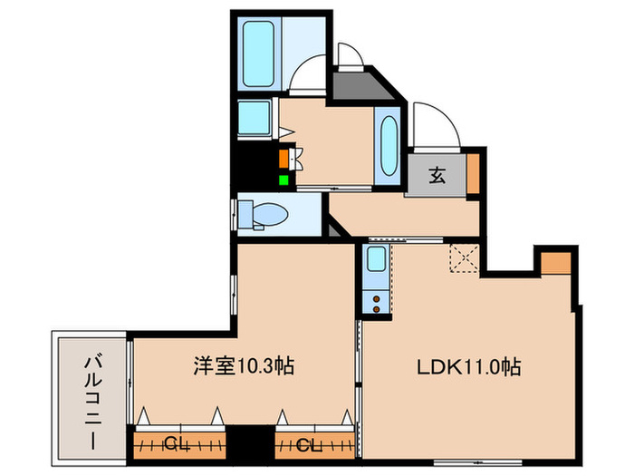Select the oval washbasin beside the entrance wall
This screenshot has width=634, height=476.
pos(389,146)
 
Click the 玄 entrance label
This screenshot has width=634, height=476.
pos(437,175)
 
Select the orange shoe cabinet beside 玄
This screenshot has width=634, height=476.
pos(473,172)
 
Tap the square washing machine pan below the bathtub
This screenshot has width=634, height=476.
pos(257,117)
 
